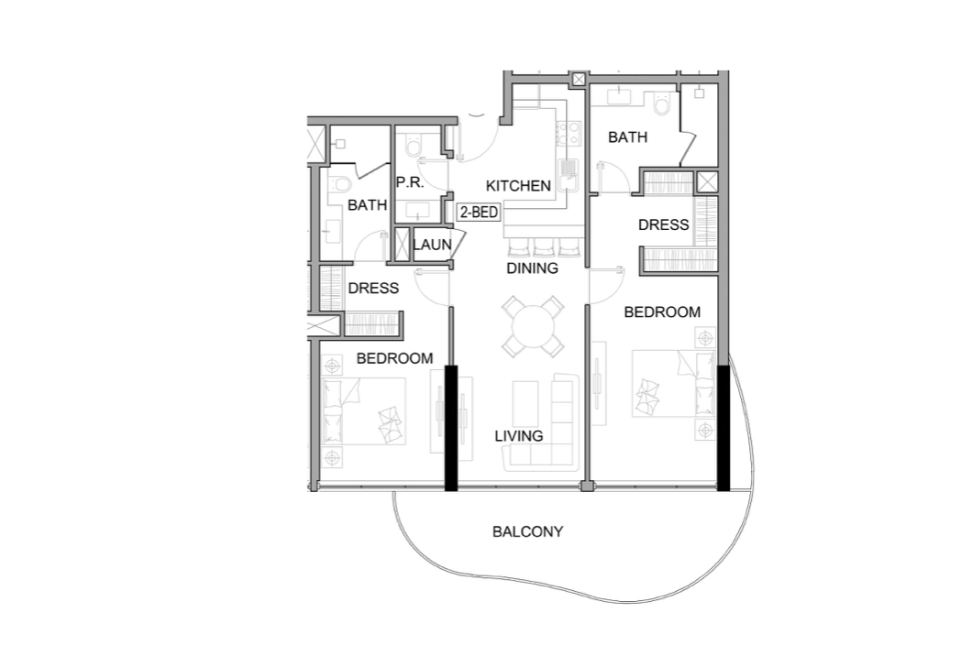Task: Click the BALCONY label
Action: pyautogui.click(x=527, y=531)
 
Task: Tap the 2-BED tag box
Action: pyautogui.click(x=479, y=213)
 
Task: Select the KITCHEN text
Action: pyautogui.click(x=518, y=186)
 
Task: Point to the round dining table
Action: pyautogui.click(x=533, y=326)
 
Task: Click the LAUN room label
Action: pyautogui.click(x=432, y=245)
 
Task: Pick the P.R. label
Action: pyautogui.click(x=410, y=182)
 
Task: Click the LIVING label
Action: pyautogui.click(x=519, y=436)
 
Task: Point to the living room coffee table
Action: pyautogui.click(x=525, y=402)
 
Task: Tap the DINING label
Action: pyautogui.click(x=533, y=268)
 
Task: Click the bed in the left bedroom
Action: pyautogui.click(x=364, y=411)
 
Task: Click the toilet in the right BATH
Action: pyautogui.click(x=663, y=104)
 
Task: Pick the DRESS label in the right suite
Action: pyautogui.click(x=664, y=224)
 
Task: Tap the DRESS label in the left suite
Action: pyautogui.click(x=373, y=288)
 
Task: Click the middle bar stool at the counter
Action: pyautogui.click(x=544, y=246)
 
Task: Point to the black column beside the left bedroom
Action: pyautogui.click(x=451, y=428)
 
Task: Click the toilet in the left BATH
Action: pyautogui.click(x=340, y=184)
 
